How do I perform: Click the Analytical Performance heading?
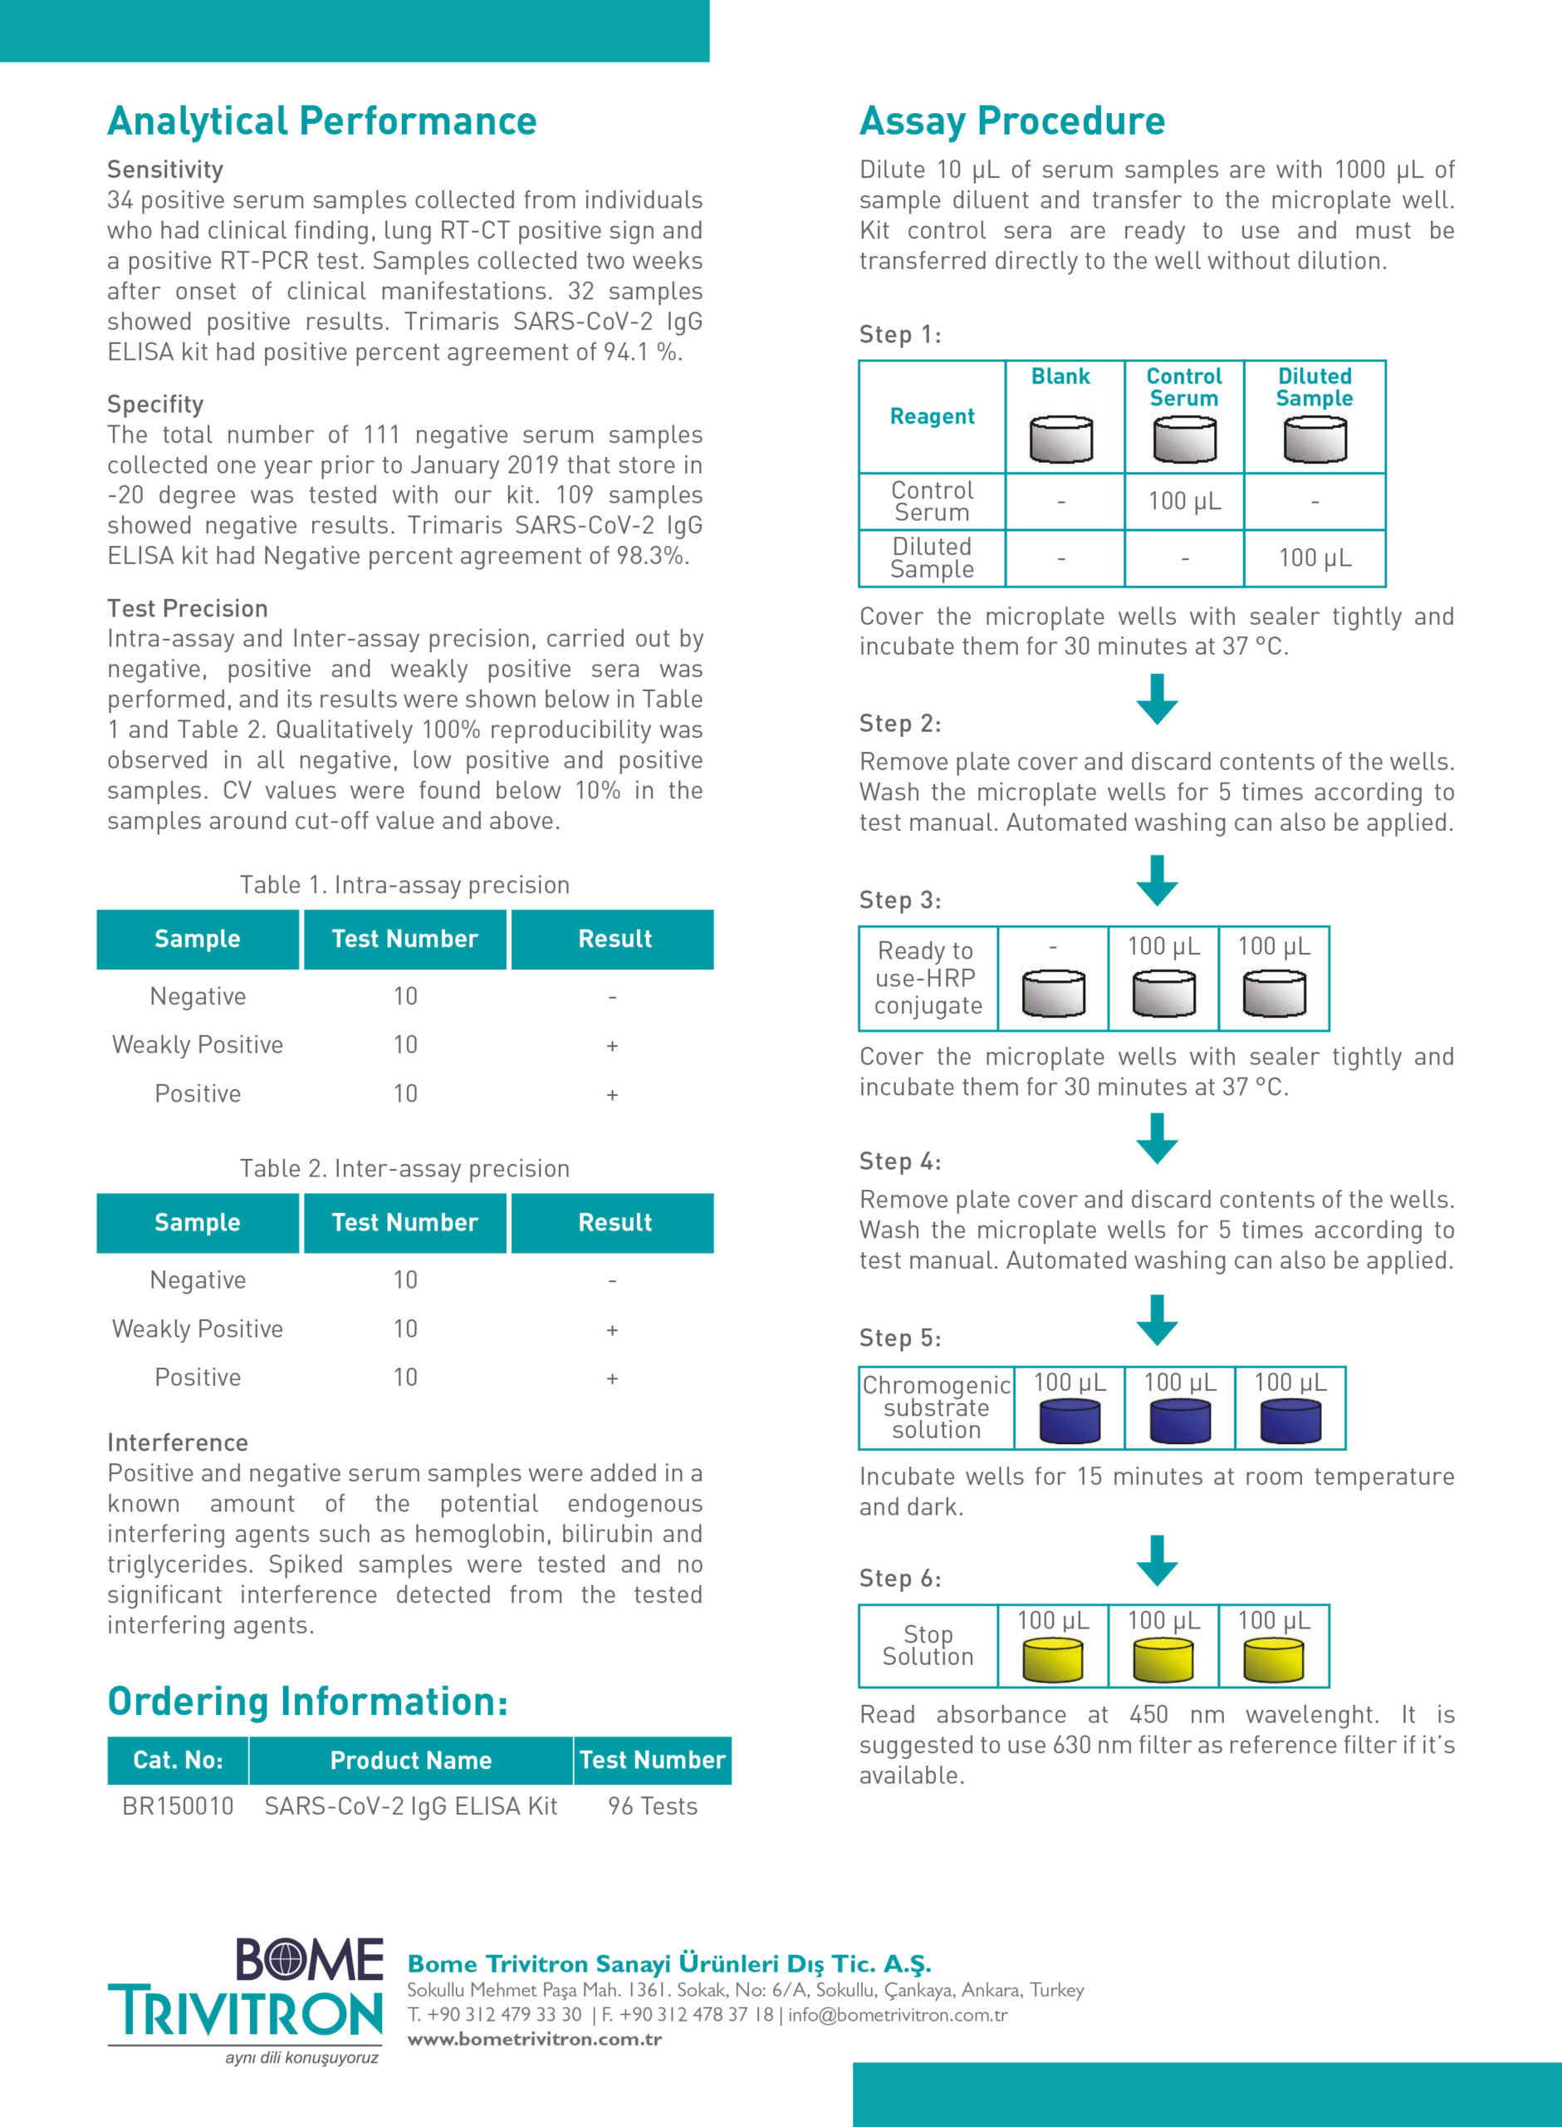[321, 121]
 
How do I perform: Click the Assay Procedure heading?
[1011, 121]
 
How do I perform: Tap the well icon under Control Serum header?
[1184, 440]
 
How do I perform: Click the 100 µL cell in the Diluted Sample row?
[1315, 558]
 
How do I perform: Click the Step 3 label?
[899, 901]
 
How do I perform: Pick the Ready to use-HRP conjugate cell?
[928, 978]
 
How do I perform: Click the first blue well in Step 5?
[1070, 1422]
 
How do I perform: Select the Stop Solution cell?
[928, 1646]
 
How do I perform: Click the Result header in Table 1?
[614, 939]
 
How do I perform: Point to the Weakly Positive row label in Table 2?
[198, 1329]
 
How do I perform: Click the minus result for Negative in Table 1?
[613, 997]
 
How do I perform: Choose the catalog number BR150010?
[178, 1806]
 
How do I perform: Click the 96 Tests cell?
[653, 1806]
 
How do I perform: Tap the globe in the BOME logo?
[282, 1960]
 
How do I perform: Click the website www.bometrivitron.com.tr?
[534, 2039]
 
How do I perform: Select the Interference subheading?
[178, 1442]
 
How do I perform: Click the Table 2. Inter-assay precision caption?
[404, 1169]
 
